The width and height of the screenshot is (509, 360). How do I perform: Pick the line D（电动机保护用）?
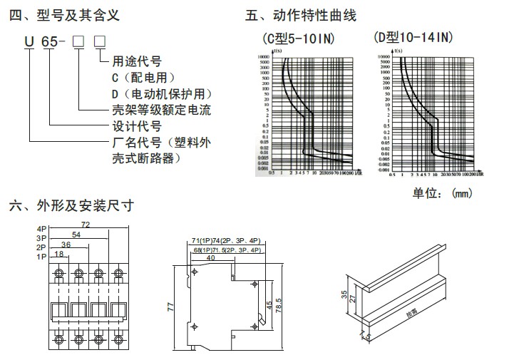click(161, 93)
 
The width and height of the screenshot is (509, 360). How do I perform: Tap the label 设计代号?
click(135, 126)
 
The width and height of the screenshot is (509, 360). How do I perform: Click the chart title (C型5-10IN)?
click(298, 38)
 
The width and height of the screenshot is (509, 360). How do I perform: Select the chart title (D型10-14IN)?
click(412, 37)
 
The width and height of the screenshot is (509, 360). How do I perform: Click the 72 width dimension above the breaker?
click(87, 225)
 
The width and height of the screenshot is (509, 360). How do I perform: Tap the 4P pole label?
click(43, 229)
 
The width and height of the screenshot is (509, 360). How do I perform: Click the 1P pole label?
click(43, 255)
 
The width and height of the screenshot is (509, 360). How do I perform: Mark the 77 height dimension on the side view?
click(171, 307)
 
